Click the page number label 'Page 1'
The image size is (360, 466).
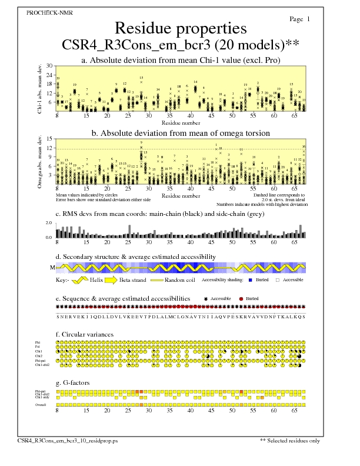300,19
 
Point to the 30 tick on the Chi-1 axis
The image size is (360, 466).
50,66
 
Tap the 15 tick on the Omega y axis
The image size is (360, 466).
50,139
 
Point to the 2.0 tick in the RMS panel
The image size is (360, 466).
49,223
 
